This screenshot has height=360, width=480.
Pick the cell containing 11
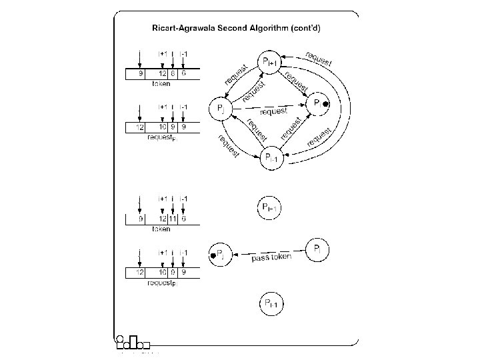[x=172, y=219]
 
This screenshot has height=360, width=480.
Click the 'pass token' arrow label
[x=271, y=257]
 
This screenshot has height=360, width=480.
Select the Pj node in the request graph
[x=221, y=107]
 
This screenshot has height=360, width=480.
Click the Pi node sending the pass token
[x=319, y=250]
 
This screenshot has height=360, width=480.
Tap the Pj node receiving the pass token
[x=221, y=255]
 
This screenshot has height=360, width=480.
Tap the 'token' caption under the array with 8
[x=161, y=84]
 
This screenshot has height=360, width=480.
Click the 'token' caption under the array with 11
[x=161, y=229]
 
